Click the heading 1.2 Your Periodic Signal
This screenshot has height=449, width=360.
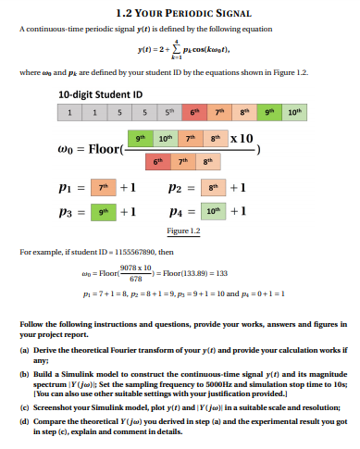(180, 12)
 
